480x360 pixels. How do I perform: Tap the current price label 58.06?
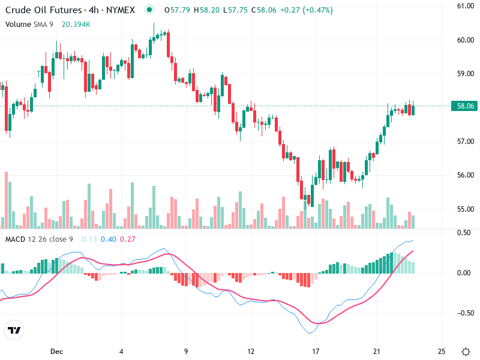point(466,106)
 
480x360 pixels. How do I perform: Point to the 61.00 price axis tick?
point(466,6)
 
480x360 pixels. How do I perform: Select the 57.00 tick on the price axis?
point(466,142)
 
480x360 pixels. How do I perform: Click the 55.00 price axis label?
point(466,209)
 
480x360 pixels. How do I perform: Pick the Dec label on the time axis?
point(57,351)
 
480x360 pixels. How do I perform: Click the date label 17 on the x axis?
point(316,351)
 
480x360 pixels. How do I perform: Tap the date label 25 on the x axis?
point(442,351)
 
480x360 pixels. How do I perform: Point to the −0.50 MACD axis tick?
point(466,313)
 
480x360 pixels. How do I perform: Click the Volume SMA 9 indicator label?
point(29,24)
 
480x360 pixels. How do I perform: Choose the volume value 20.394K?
point(76,24)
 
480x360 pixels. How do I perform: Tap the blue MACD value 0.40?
point(109,239)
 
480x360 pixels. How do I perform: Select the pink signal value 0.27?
point(128,239)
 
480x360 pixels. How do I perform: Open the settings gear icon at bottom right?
point(466,351)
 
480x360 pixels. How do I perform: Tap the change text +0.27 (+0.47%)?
point(307,10)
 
